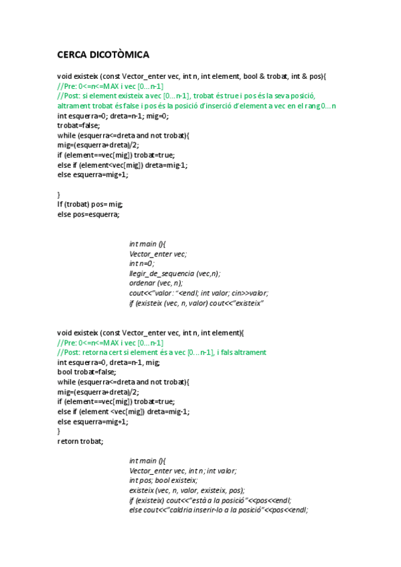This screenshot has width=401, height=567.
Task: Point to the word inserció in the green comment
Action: pos(221,106)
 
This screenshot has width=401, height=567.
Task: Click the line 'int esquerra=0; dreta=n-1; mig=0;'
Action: pos(112,116)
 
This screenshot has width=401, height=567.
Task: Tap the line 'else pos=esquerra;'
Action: pos(88,215)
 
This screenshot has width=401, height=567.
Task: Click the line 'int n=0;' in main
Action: pos(142,263)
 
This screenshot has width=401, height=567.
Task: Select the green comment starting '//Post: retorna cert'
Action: pos(162,352)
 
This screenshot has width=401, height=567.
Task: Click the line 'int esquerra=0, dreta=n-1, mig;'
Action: pos(108,362)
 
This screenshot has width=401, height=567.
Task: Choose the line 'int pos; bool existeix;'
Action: pos(163,480)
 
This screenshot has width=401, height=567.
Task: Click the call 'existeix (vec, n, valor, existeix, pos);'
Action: pos(187,490)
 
